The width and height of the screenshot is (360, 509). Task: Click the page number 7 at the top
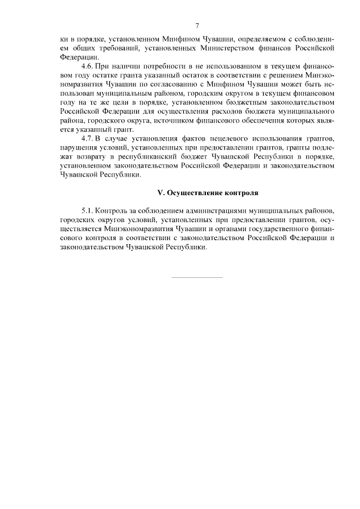click(x=197, y=26)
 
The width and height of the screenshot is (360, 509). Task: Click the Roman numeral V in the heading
click(x=160, y=193)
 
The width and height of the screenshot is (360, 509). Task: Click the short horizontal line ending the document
click(x=196, y=277)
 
